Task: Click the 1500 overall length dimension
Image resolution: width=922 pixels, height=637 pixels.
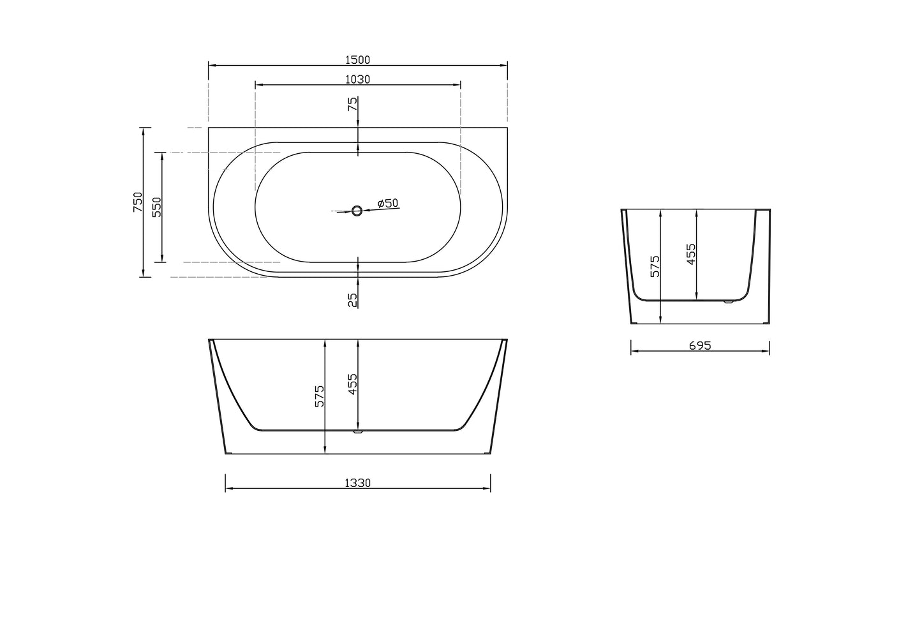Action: click(x=357, y=60)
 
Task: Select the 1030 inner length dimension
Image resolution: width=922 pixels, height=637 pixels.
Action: click(x=357, y=79)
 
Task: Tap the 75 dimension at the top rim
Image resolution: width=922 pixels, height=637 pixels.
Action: click(x=352, y=105)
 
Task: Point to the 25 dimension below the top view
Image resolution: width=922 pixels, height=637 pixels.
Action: click(x=352, y=300)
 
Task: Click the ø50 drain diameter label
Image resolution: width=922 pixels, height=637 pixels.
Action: click(x=387, y=204)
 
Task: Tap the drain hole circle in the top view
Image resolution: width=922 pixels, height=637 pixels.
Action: click(x=357, y=211)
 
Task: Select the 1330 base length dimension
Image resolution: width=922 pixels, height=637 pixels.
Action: click(x=357, y=483)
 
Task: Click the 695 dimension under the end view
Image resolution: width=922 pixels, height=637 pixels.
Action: click(x=700, y=346)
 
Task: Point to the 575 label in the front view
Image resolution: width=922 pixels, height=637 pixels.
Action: click(x=320, y=396)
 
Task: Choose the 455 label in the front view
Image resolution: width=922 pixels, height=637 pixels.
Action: click(x=353, y=384)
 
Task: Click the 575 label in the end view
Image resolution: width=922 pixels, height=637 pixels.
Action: click(x=655, y=266)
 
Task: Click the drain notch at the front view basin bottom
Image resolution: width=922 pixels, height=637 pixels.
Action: click(x=357, y=432)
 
